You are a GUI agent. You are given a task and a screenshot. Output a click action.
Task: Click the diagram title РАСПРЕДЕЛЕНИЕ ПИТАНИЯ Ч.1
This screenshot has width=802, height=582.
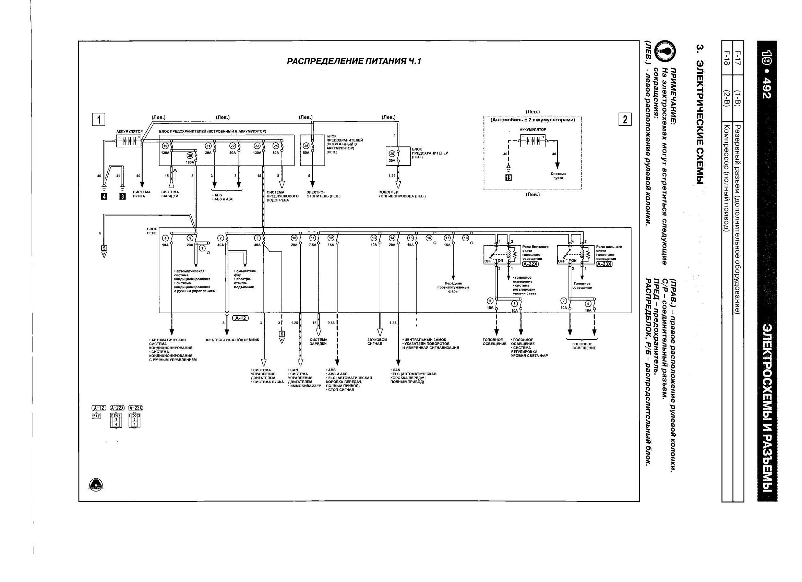click(x=354, y=61)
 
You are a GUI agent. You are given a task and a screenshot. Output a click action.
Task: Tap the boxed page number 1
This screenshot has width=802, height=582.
click(x=99, y=119)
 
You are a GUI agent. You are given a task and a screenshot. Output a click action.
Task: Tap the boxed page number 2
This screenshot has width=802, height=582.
click(x=625, y=119)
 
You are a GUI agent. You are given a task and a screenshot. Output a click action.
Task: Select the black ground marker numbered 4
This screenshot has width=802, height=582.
click(x=104, y=197)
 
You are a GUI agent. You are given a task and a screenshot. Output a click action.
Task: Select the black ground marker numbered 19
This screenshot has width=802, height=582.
click(x=508, y=178)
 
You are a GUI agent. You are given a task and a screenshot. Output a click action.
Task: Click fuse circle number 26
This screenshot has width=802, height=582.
click(x=392, y=154)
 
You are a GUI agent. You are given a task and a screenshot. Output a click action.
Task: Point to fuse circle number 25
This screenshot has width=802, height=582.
click(x=306, y=145)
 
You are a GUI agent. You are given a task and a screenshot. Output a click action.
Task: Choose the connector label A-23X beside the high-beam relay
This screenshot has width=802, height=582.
click(x=604, y=264)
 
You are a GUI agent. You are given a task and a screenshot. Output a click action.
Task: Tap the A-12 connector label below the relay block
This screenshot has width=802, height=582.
click(x=240, y=318)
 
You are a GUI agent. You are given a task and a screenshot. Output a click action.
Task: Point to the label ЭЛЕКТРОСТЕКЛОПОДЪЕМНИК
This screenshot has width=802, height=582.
click(x=232, y=340)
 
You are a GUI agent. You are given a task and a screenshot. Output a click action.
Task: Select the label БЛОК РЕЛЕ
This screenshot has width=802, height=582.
click(x=152, y=231)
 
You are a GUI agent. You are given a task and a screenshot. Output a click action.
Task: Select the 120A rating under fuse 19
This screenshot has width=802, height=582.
click(x=165, y=153)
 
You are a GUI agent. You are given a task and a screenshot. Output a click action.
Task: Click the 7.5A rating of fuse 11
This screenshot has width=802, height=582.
click(x=313, y=245)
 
